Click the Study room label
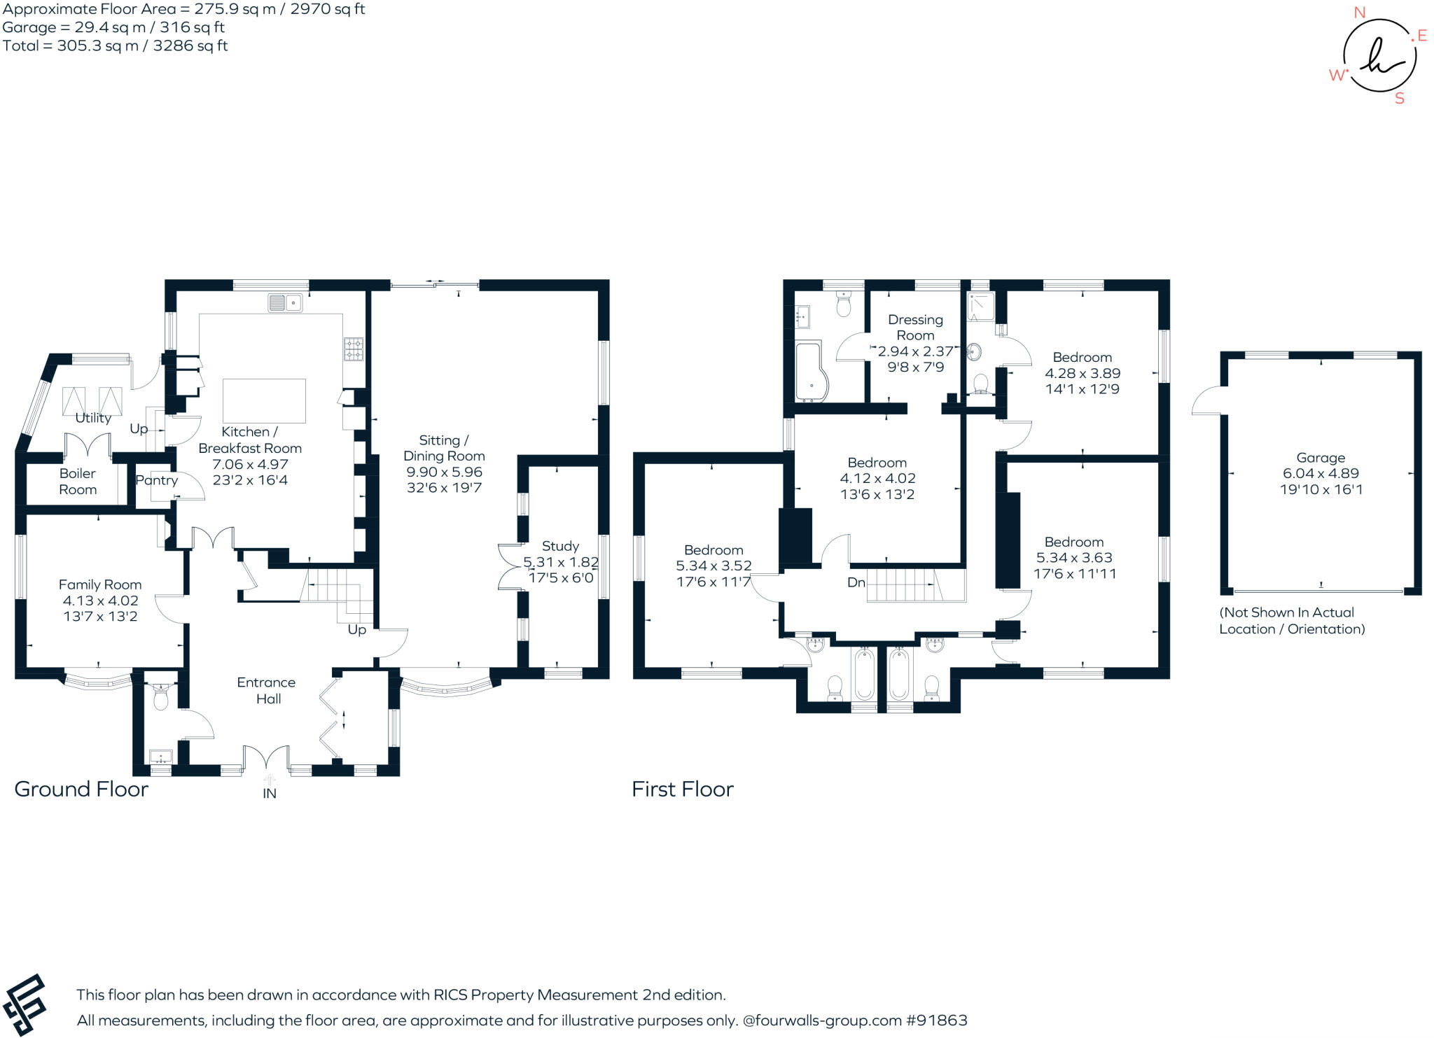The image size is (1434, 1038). point(560,546)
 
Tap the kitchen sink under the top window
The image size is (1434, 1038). point(284,303)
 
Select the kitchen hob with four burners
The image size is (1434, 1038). point(353,349)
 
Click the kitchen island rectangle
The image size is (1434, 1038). point(264,401)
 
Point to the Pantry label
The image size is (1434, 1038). point(156,480)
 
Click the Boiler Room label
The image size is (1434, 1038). point(77,482)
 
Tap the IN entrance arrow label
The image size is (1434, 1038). point(270,793)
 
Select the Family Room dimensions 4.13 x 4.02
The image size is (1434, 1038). point(100,601)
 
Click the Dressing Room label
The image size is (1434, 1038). point(915,327)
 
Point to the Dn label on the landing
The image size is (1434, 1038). point(856,582)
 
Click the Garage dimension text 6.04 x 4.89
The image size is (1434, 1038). point(1321,473)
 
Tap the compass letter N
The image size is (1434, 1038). point(1359,13)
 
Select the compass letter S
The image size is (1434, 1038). point(1399,99)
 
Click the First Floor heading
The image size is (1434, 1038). point(682,790)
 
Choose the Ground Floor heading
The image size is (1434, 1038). point(81,790)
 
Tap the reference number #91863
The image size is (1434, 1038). point(936,1021)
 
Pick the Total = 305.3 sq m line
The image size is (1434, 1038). point(115,46)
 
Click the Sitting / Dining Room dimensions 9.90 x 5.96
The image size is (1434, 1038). point(444,472)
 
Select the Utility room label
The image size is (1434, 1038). point(93,418)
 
